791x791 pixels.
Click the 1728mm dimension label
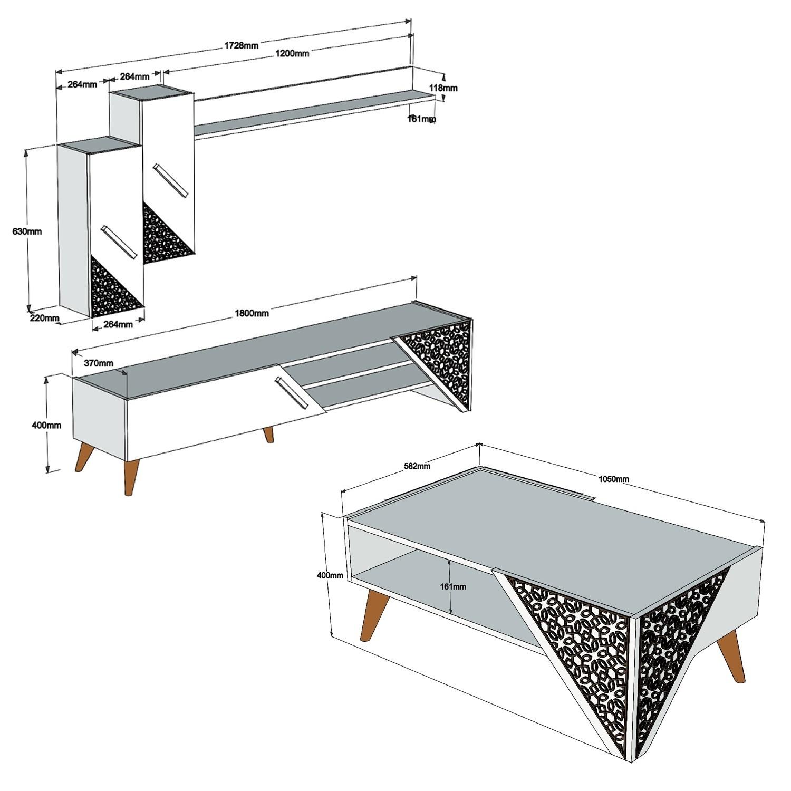[242, 45]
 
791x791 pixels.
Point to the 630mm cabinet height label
[27, 231]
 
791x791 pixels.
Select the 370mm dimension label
[99, 363]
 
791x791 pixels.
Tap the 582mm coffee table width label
[417, 466]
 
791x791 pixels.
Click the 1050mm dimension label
[613, 479]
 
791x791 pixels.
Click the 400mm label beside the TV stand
[47, 425]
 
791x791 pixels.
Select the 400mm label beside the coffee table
[330, 575]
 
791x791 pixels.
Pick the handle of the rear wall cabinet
[170, 181]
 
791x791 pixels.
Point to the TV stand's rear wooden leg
[268, 435]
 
